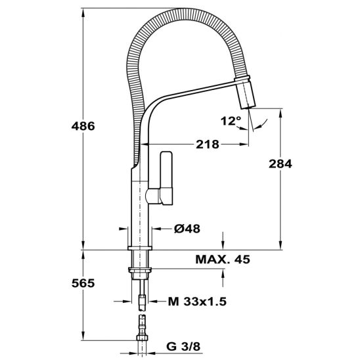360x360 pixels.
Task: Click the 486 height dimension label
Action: pyautogui.click(x=83, y=126)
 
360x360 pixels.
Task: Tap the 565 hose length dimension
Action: pyautogui.click(x=83, y=283)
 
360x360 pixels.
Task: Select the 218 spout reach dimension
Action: pyautogui.click(x=208, y=145)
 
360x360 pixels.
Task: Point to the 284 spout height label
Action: pyautogui.click(x=281, y=164)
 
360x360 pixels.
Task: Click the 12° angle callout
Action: pyautogui.click(x=231, y=121)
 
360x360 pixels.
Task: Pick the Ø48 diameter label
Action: pyautogui.click(x=187, y=229)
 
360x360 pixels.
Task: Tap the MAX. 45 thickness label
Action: pyautogui.click(x=223, y=259)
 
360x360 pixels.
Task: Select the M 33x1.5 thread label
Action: pyautogui.click(x=197, y=302)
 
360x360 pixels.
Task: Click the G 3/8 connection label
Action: pyautogui.click(x=183, y=347)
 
